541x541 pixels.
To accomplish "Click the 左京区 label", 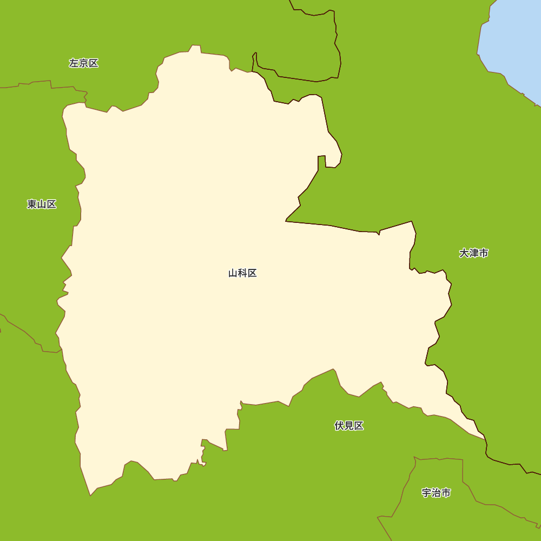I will click(84, 63).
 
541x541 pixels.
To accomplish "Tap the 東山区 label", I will click(42, 204).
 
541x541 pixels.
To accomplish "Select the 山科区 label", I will click(242, 273).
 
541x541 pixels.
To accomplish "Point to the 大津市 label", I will click(474, 253).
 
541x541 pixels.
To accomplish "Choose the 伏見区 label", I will click(349, 426).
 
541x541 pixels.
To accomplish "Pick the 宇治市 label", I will click(436, 493).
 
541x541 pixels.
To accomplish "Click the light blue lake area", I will click(514, 43).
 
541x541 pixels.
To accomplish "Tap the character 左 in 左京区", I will click(74, 63).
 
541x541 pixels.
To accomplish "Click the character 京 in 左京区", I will click(84, 63).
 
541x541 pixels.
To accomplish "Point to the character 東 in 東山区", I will click(32, 204).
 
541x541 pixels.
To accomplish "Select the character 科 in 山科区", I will click(242, 273).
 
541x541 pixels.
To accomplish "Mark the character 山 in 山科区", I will click(233, 273).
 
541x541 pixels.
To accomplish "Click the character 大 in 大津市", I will click(464, 253).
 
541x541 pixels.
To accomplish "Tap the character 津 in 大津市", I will click(474, 253).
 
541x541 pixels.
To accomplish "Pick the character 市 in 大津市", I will click(484, 253).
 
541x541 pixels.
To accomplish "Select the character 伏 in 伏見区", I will click(339, 426).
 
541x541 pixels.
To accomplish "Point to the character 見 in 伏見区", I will click(349, 426).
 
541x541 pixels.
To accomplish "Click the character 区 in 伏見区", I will click(359, 426).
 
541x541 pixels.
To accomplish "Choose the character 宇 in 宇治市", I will click(426, 493).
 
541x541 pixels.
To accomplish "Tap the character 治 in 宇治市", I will click(436, 493).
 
